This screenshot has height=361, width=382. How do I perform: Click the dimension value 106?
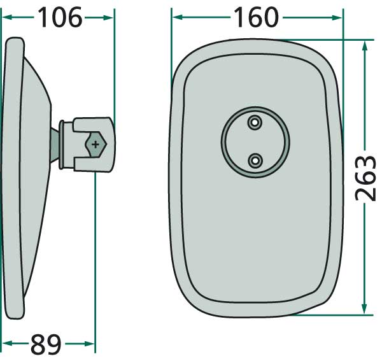pyautogui.click(x=59, y=18)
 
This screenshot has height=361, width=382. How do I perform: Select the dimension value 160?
pyautogui.click(x=255, y=18)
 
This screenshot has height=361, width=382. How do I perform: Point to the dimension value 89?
pyautogui.click(x=46, y=345)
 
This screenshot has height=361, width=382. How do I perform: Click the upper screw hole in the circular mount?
pyautogui.click(x=255, y=122)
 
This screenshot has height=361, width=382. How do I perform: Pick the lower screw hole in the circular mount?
pyautogui.click(x=255, y=160)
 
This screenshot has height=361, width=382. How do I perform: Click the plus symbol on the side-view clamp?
pyautogui.click(x=95, y=145)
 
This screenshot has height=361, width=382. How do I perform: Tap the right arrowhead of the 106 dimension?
pyautogui.click(x=109, y=18)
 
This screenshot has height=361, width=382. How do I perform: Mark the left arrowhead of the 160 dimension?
pyautogui.click(x=176, y=18)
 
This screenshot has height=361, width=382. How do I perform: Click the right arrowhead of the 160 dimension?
pyautogui.click(x=337, y=18)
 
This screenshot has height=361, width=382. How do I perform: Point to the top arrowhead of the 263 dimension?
pyautogui.click(x=365, y=45)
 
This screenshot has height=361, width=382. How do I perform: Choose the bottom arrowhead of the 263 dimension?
pyautogui.click(x=365, y=309)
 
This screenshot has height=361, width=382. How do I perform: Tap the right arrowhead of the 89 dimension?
pyautogui.click(x=90, y=345)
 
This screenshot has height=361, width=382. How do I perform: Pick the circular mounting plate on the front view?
pyautogui.click(x=255, y=141)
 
